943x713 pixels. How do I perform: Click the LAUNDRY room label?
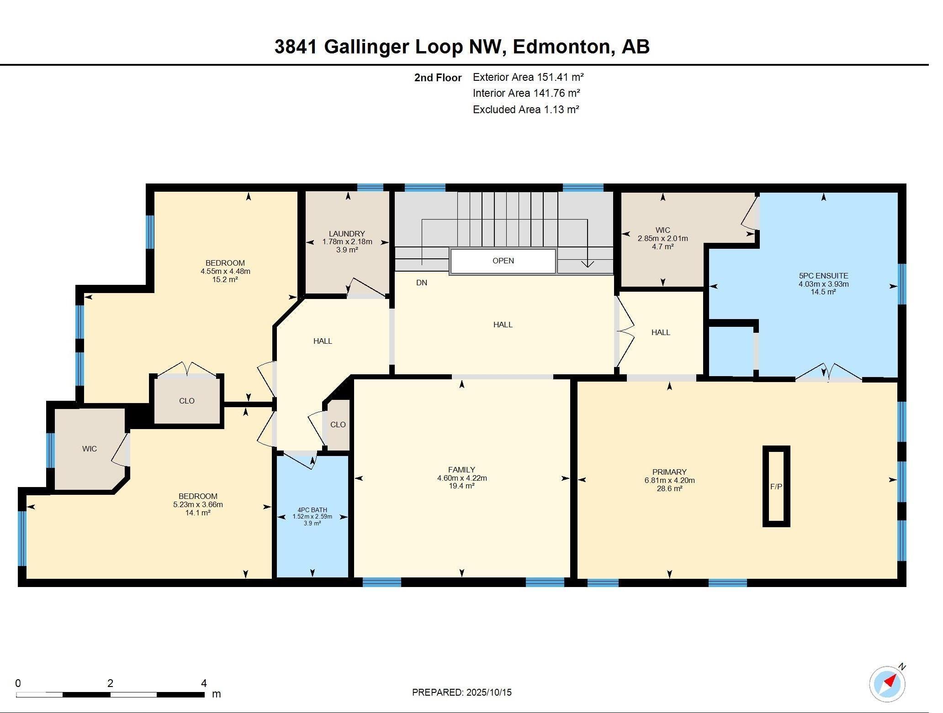[x=347, y=234]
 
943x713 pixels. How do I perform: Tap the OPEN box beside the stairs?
[x=503, y=261]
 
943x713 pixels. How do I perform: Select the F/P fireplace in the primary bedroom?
[x=776, y=487]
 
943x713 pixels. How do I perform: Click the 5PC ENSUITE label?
[x=823, y=276]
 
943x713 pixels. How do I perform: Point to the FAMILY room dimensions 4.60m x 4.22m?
[x=461, y=478]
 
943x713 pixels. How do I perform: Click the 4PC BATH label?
[x=312, y=510]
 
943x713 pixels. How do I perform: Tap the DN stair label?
[x=421, y=283]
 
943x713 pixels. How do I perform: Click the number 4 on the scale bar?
[x=204, y=683]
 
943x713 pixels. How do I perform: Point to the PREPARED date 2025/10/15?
[x=461, y=692]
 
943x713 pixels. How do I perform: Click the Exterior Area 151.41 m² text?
[x=528, y=77]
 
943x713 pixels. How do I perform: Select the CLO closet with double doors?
[x=186, y=401]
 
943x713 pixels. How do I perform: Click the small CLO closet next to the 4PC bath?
[x=338, y=425]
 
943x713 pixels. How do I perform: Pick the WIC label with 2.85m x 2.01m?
[x=662, y=230]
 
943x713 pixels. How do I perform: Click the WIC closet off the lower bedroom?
[x=89, y=449]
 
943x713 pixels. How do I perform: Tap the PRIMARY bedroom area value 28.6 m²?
[x=669, y=488]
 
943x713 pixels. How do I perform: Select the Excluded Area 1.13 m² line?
[x=525, y=110]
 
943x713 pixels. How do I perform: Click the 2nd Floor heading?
[x=437, y=78]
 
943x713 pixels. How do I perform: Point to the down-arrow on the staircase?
[x=587, y=263]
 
